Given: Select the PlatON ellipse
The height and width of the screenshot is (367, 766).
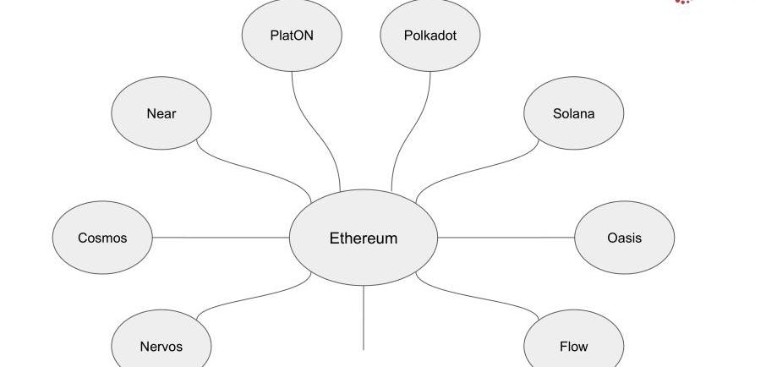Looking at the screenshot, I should click(292, 36).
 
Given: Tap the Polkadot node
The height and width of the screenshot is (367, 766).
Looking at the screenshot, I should click(430, 36).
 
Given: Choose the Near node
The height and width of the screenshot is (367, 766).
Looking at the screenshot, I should click(161, 113).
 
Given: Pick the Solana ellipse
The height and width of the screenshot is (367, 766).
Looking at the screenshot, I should click(573, 113).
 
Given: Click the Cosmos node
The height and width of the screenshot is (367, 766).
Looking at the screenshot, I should click(102, 238).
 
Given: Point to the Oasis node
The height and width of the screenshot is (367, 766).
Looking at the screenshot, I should click(624, 238).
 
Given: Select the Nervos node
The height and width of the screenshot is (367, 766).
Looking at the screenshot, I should click(161, 346).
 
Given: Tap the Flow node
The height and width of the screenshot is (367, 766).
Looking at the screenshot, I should click(573, 346).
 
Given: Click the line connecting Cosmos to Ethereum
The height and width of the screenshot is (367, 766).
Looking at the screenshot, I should click(220, 238).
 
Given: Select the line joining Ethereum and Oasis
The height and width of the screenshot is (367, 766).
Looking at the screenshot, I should click(506, 238).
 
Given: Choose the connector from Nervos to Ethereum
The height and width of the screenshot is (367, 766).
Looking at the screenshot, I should click(254, 297).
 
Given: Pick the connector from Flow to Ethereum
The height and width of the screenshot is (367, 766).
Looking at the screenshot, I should click(478, 295).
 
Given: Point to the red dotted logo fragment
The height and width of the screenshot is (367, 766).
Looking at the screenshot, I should click(684, 2).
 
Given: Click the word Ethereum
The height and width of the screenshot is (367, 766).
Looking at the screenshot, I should click(364, 238).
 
